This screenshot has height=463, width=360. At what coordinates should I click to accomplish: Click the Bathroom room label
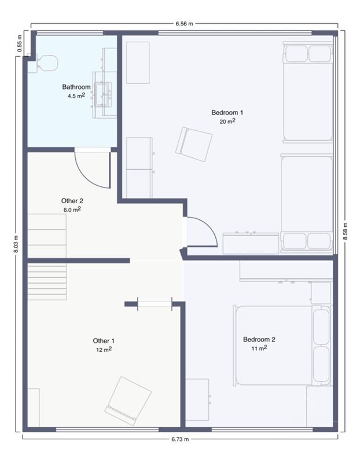pos(76,87)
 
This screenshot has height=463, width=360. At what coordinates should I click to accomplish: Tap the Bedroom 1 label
pos(227,112)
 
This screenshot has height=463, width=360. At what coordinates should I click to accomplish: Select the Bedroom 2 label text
pos(259,340)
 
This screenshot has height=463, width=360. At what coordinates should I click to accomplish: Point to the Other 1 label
pos(104,341)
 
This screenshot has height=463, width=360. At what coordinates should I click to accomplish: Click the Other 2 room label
pos(72,201)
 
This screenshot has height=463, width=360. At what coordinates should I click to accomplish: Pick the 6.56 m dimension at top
pos(184,24)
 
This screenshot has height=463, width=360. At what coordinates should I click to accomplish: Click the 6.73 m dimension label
pos(180,439)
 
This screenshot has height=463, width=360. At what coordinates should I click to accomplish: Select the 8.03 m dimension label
pos(16,244)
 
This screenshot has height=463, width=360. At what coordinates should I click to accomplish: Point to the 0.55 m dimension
pos(20,44)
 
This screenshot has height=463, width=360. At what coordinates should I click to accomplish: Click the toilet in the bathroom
pos(47,63)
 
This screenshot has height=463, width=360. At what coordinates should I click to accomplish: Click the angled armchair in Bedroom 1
pos(194,144)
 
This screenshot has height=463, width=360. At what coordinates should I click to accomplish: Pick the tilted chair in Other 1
pos(128,401)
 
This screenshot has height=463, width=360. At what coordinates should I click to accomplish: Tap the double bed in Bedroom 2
pos(282,346)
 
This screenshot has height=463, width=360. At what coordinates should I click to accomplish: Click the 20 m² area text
pos(227,121)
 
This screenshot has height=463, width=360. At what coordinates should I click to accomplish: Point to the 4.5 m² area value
pos(76,95)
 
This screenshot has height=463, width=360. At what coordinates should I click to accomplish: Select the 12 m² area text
pos(104,350)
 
